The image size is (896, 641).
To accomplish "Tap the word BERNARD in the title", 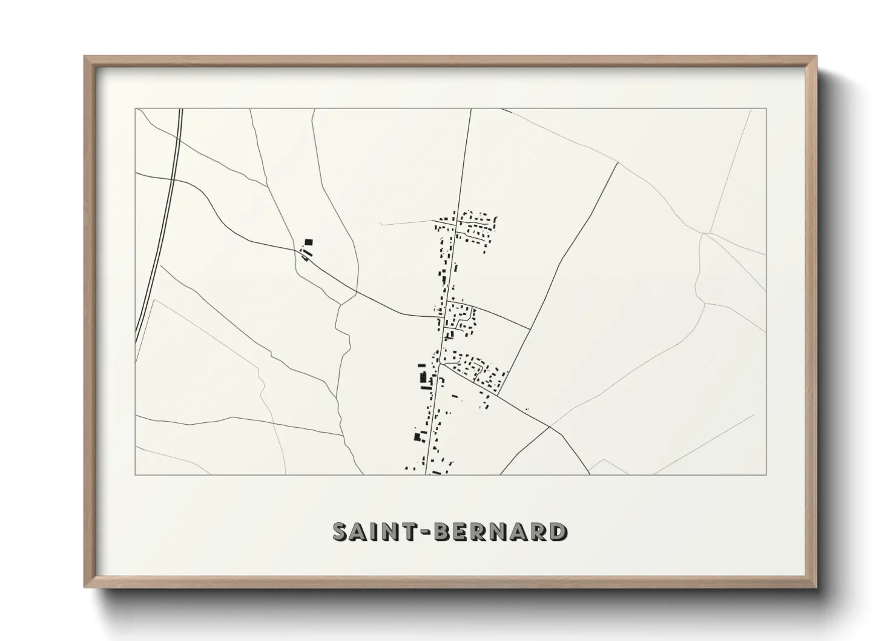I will point(502,531).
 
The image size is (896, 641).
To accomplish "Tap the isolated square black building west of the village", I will point(309,242).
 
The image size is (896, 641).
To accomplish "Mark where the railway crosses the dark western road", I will point(173,179).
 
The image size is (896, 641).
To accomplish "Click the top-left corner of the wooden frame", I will point(85,57).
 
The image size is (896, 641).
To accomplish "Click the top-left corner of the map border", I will point(136,109).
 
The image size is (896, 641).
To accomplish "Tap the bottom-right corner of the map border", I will point(766,474).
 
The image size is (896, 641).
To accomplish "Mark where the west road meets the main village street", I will point(444,316).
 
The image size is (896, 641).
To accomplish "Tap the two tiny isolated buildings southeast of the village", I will point(527,410).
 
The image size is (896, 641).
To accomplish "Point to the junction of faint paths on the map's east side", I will point(706,233).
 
